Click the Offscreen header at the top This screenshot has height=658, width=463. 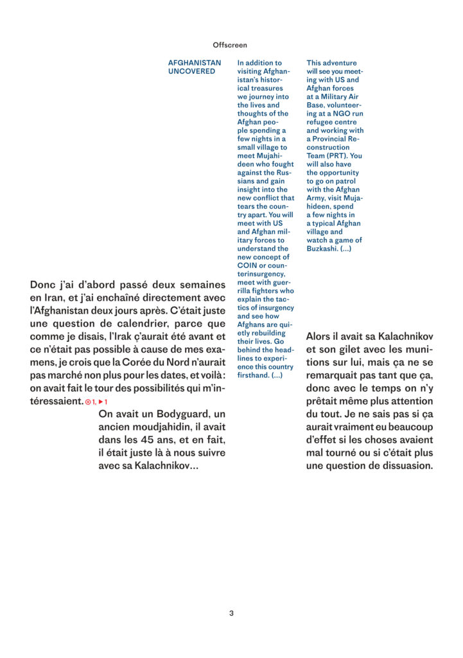230,45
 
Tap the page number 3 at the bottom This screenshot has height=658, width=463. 231,613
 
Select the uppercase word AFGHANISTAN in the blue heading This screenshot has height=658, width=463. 195,63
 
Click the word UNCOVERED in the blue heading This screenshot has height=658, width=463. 191,71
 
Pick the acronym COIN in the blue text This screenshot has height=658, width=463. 247,265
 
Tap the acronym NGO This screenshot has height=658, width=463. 340,113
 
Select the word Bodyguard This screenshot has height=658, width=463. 186,414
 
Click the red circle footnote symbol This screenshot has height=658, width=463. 88,402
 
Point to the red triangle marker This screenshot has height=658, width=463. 101,402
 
